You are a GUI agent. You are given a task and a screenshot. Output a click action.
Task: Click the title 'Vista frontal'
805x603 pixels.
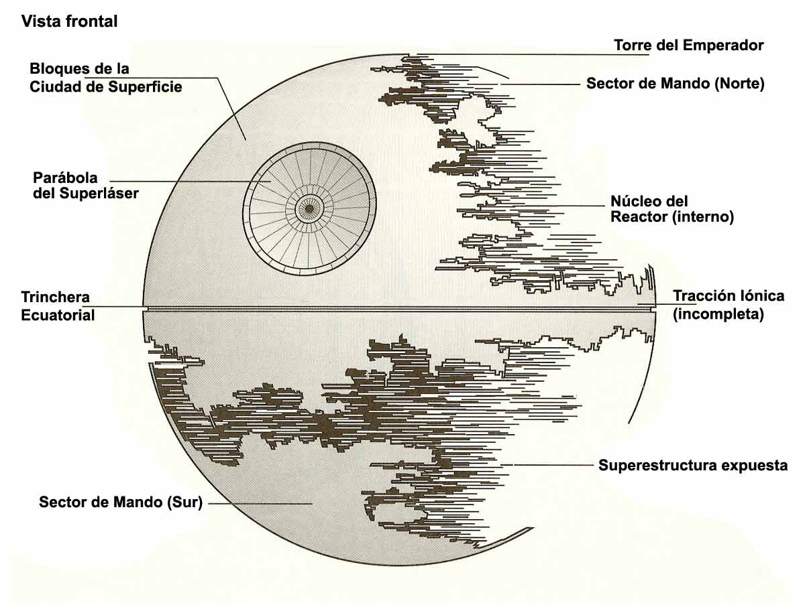[70, 21]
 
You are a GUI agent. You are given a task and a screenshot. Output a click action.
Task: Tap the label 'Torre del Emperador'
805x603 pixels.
[689, 46]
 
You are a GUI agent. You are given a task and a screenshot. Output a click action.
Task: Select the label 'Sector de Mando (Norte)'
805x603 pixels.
[676, 84]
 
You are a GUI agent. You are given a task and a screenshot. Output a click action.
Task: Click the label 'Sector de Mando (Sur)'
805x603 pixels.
[121, 502]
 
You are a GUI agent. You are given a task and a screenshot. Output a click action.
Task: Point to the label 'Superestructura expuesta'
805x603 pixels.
[693, 465]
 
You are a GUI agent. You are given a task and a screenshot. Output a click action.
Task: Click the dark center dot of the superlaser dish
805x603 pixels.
[309, 209]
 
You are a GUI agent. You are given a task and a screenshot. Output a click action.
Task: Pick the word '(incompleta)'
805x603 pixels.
[718, 314]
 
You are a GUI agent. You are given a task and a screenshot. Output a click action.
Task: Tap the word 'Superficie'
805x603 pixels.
[148, 87]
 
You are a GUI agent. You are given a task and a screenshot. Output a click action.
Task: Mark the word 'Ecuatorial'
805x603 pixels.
[58, 315]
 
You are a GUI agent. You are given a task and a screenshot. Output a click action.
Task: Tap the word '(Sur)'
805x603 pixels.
[184, 502]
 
